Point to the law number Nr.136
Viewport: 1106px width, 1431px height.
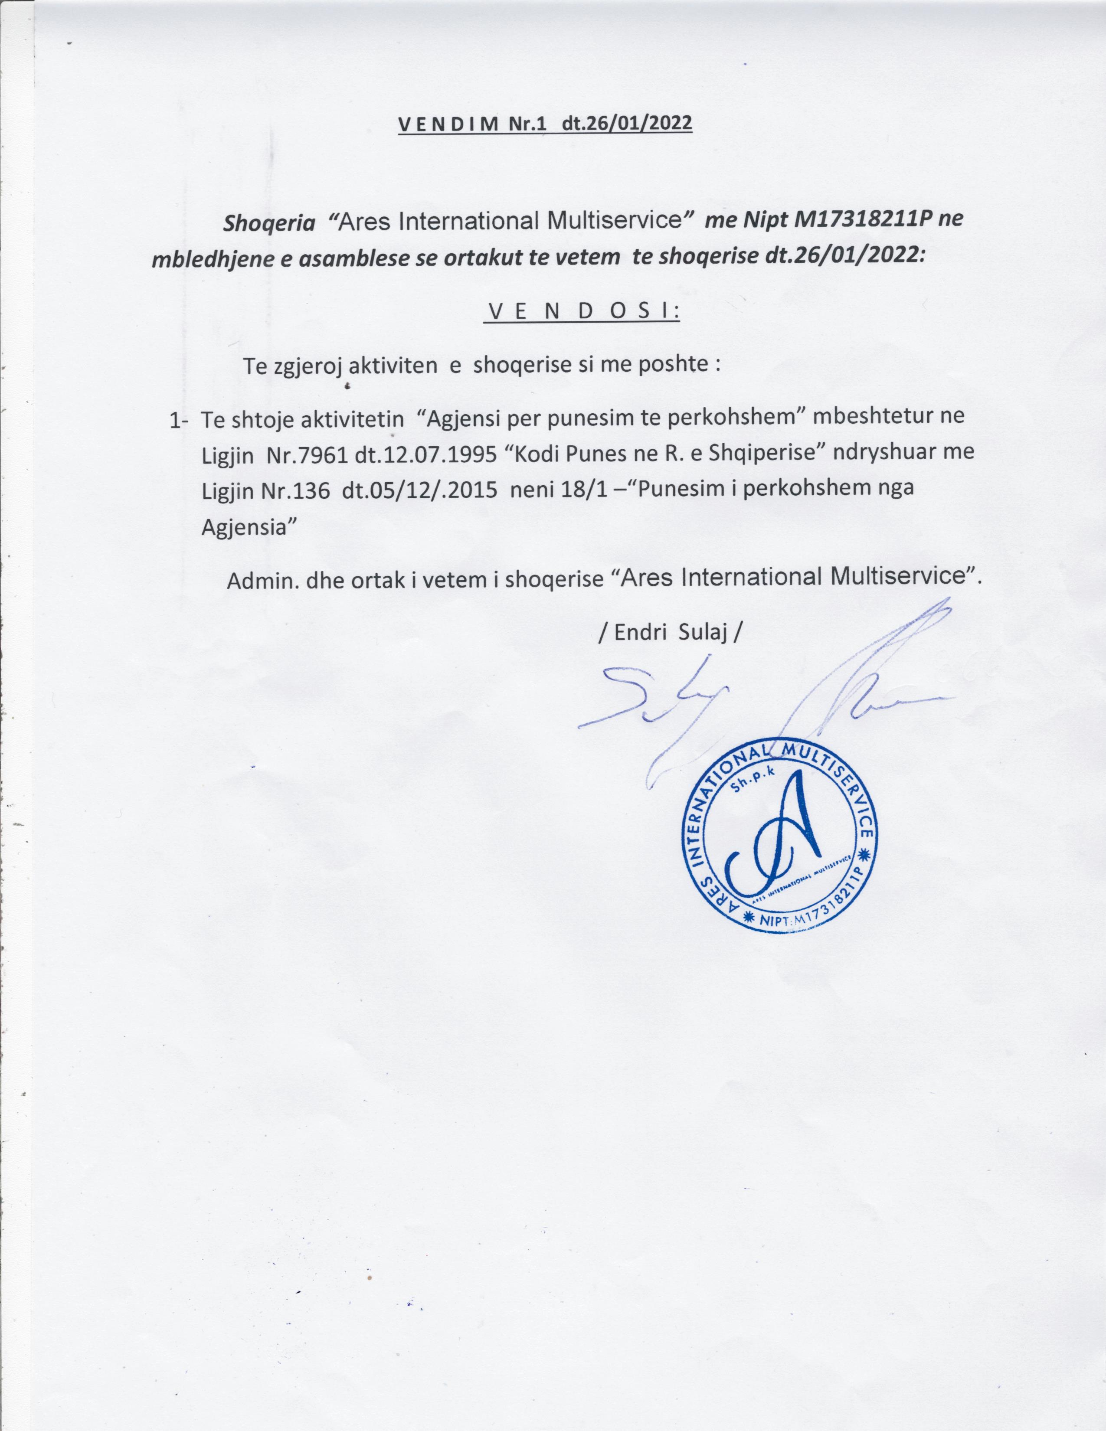point(294,491)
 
